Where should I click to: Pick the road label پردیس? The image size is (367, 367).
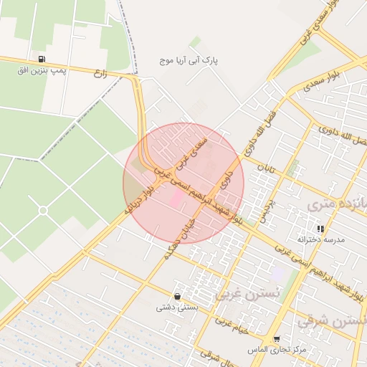[x=264, y=209]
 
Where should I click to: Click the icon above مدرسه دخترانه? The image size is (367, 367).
[x=320, y=228]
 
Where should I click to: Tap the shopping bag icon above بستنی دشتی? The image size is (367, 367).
[x=177, y=296]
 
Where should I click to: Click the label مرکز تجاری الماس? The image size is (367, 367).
[x=267, y=349]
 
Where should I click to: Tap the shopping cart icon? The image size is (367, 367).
[x=277, y=339]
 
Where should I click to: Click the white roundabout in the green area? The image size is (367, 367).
[x=43, y=210]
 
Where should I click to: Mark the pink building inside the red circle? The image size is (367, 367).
[x=175, y=198]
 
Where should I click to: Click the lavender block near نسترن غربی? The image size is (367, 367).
[x=277, y=273]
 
